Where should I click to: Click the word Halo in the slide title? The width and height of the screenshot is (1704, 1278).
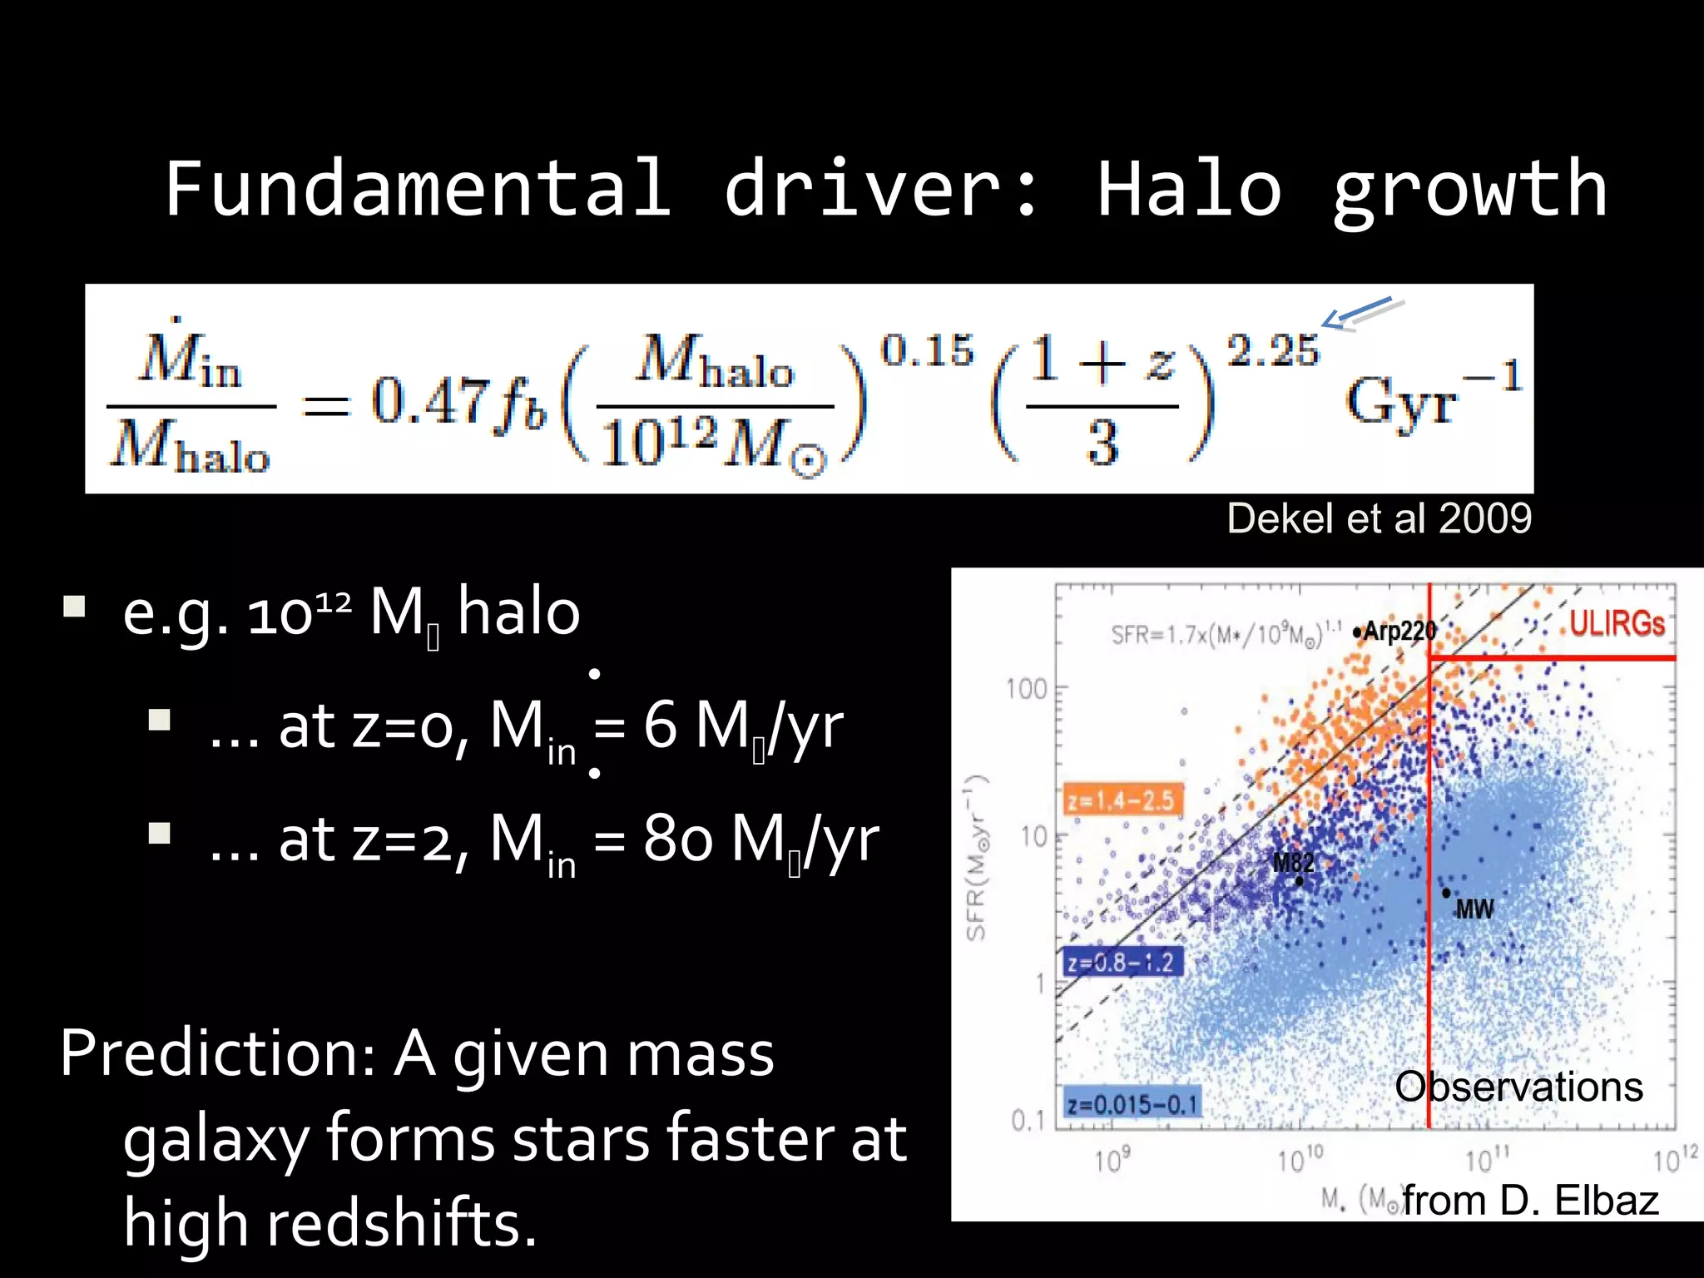coord(1189,190)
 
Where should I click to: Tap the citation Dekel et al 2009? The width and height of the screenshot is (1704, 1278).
coord(1379,518)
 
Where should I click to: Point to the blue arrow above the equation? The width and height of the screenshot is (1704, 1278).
coord(1358,313)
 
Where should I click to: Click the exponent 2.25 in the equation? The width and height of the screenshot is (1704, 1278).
coord(1273,350)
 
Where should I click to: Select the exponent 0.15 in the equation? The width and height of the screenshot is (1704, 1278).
coord(927,350)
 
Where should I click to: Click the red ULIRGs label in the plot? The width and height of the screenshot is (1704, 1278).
coord(1617,623)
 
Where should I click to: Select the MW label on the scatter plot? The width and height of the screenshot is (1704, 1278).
coord(1474,909)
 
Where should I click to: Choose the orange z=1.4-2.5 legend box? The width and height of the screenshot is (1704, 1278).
coord(1122,800)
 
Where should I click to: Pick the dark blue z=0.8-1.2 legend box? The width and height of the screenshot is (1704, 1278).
coord(1121,963)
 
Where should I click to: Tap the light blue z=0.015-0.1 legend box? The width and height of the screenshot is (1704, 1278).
coord(1132,1105)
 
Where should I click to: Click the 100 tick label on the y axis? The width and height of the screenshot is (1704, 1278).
coord(1026,689)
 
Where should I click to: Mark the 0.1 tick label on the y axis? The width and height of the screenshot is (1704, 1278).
coord(1027,1121)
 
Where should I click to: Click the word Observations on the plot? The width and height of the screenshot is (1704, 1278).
coord(1518,1087)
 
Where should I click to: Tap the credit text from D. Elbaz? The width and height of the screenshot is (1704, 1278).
coord(1530,1201)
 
